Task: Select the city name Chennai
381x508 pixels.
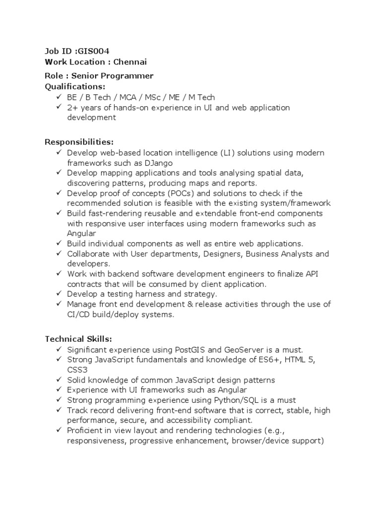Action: tap(130, 62)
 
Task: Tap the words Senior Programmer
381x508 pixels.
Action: tap(112, 76)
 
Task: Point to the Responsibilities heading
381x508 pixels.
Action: tap(79, 142)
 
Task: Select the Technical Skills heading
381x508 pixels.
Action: tap(78, 339)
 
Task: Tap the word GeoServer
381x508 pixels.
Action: tap(244, 350)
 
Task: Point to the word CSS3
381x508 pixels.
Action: tap(77, 370)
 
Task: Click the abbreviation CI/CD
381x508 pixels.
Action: tap(79, 315)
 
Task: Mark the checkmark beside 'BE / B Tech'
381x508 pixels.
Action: tap(59, 97)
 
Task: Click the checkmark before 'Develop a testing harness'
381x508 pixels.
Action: tap(59, 294)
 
